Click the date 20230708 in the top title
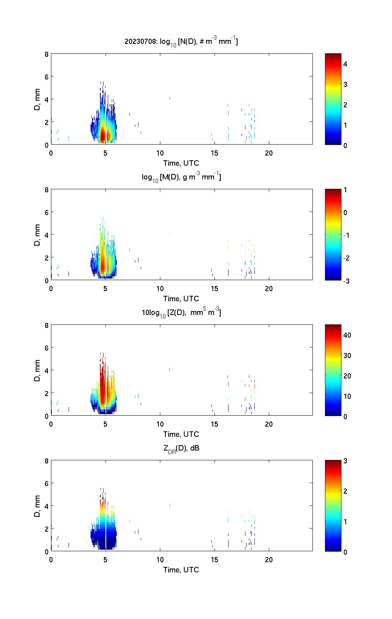click(x=135, y=41)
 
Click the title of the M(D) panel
click(x=181, y=177)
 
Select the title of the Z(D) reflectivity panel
click(x=181, y=313)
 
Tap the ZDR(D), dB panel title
click(x=181, y=448)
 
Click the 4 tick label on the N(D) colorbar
click(x=345, y=64)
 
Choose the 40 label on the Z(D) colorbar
click(x=347, y=335)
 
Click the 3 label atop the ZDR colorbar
click(x=345, y=461)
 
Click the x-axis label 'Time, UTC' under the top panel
click(x=181, y=163)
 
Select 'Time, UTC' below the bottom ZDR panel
click(x=181, y=570)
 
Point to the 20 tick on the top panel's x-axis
click(x=269, y=153)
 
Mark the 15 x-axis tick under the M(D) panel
click(x=214, y=289)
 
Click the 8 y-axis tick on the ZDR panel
click(x=46, y=461)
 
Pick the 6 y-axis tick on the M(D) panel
click(x=46, y=212)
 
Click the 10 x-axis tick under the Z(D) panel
click(x=160, y=424)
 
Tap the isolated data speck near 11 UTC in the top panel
click(x=169, y=98)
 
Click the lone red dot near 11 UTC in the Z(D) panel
click(x=169, y=369)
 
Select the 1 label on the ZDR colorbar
click(x=345, y=521)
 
